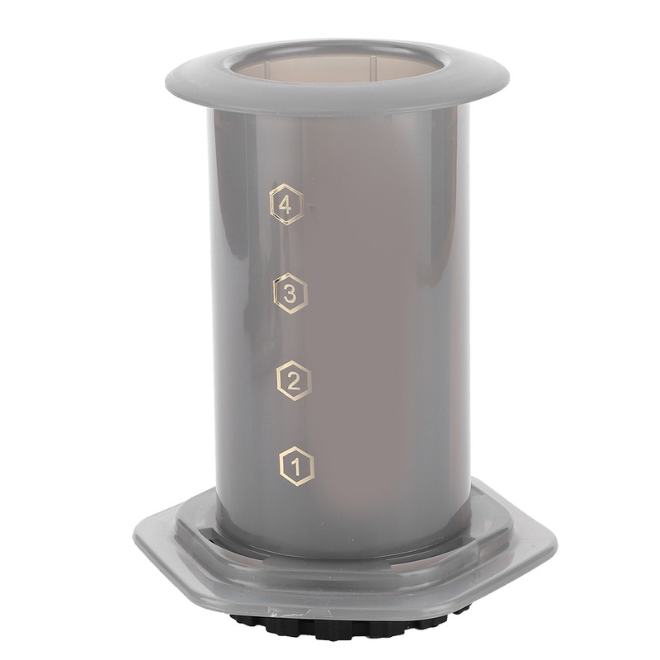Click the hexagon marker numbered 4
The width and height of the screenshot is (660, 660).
(285, 205)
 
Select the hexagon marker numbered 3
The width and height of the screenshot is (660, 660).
(290, 293)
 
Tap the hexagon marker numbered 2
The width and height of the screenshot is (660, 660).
(294, 380)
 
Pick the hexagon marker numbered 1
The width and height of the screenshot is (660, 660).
(297, 466)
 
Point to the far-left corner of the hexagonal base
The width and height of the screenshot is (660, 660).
(135, 536)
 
